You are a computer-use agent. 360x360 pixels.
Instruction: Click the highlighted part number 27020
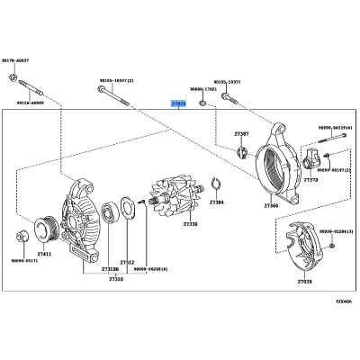178,103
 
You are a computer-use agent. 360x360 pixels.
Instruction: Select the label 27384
217,202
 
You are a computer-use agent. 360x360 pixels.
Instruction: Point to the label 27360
271,206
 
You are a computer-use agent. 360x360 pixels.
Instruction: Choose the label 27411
43,255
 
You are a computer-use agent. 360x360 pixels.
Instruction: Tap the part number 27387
241,134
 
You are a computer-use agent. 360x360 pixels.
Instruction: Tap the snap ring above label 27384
216,187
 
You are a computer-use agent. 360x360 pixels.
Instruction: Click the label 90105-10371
227,81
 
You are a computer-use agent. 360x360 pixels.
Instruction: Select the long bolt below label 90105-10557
113,96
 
